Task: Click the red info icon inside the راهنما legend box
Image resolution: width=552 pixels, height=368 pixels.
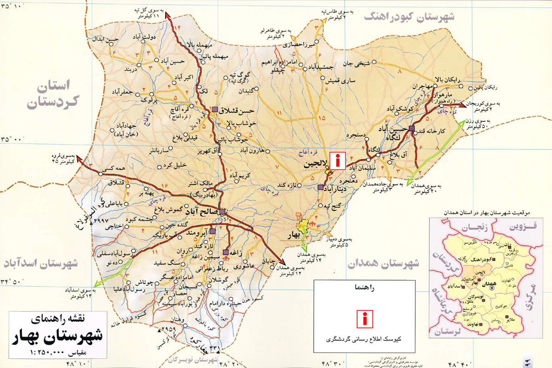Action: pyautogui.click(x=365, y=318)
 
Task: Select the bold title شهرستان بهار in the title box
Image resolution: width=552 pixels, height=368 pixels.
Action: pyautogui.click(x=54, y=336)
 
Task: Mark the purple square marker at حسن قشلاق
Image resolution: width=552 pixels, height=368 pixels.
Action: pyautogui.click(x=215, y=109)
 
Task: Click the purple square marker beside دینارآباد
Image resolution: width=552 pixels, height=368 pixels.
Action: pyautogui.click(x=320, y=187)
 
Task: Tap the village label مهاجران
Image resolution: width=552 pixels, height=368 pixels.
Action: pyautogui.click(x=423, y=86)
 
